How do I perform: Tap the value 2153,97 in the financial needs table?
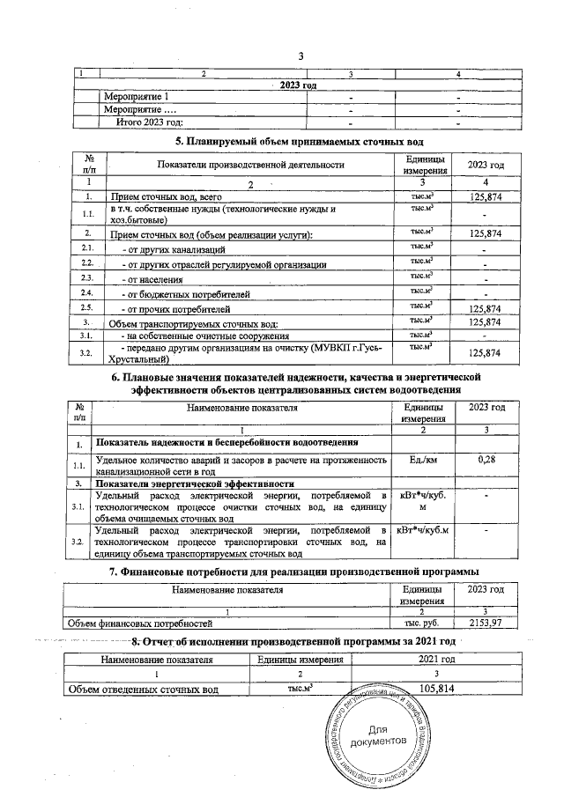click(486, 623)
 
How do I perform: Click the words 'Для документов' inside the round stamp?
click(378, 735)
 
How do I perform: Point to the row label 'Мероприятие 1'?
click(137, 96)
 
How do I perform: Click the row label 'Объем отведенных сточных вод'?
click(145, 689)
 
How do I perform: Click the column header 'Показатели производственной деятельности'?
click(249, 166)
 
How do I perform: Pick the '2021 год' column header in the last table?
click(438, 659)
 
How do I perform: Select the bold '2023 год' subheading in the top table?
click(298, 85)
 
